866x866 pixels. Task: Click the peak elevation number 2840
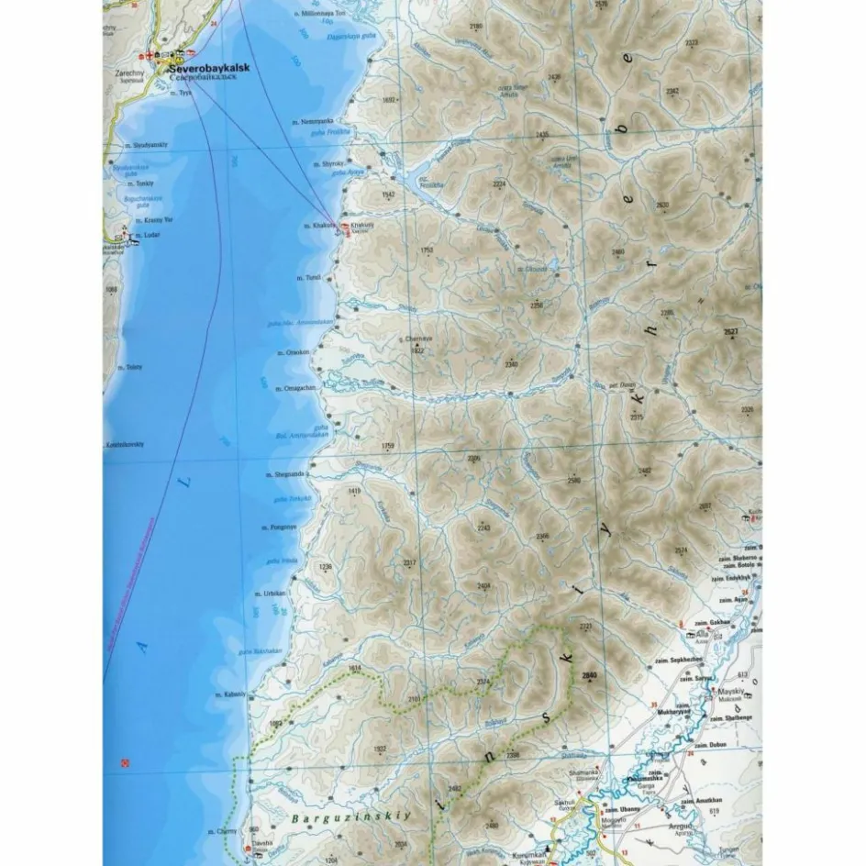pos(589,676)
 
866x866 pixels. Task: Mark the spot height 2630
pos(662,204)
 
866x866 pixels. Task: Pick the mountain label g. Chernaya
pos(417,339)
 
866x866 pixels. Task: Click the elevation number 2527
pos(730,331)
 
